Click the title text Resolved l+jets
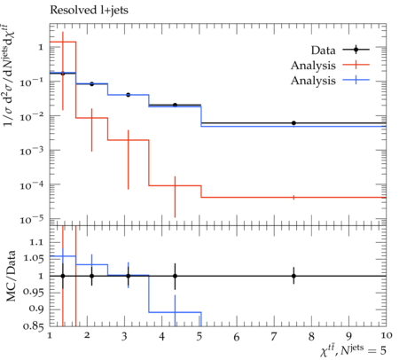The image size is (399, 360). [89, 11]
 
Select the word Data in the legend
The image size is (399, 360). [323, 51]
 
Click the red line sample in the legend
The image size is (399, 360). [356, 65]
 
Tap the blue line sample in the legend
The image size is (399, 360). [356, 80]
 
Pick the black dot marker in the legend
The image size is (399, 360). [356, 50]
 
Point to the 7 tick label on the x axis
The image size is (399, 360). [274, 336]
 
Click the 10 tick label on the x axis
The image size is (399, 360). [387, 335]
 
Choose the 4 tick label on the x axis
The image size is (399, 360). [161, 336]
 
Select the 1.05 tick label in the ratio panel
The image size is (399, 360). [34, 259]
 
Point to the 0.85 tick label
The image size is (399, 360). [34, 326]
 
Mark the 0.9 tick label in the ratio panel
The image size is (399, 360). [36, 309]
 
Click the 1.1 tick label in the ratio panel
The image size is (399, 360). [37, 242]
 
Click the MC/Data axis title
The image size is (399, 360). [11, 276]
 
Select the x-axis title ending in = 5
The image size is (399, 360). [353, 350]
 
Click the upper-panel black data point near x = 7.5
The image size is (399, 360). [293, 123]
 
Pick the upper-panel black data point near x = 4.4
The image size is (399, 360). [175, 105]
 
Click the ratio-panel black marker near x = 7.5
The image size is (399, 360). [293, 276]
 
